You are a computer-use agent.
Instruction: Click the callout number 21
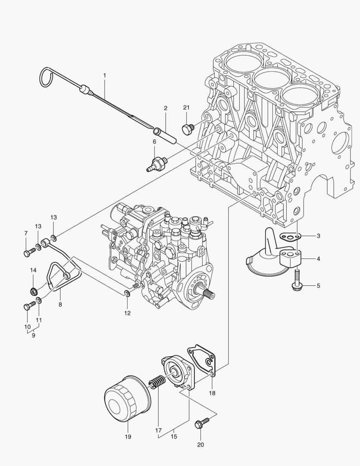pos(186,107)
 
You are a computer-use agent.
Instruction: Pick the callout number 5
pos(318,286)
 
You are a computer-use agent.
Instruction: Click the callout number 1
pos(104,76)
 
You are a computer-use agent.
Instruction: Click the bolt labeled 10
pos(28,307)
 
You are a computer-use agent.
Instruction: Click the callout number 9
pos(33,335)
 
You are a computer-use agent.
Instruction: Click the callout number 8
pos(60,304)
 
